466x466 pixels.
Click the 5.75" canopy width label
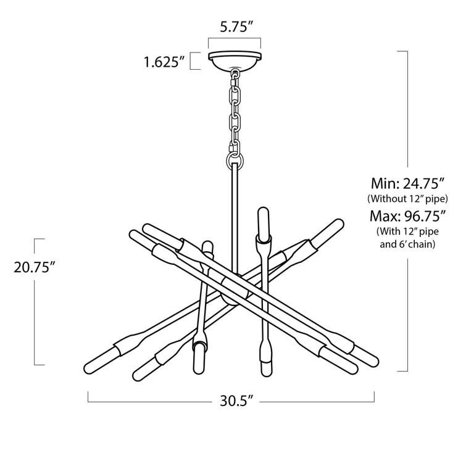[x=234, y=27]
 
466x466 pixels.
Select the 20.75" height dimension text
[x=36, y=268]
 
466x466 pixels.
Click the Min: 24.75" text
[x=407, y=183]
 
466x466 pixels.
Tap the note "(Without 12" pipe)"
[x=407, y=199]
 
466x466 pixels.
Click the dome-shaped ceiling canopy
[x=235, y=61]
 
